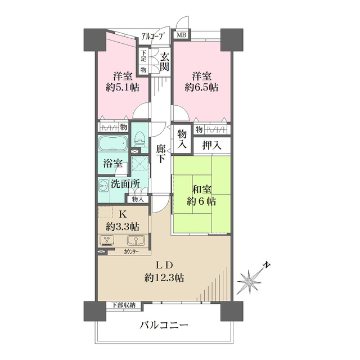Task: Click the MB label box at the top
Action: coord(181,35)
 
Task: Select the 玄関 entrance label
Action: coord(164,61)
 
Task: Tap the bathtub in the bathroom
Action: coord(112,145)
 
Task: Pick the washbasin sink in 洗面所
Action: coord(103,186)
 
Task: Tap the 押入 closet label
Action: coord(211,145)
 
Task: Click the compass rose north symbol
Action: coord(249,280)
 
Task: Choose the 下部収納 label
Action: coord(123,305)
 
